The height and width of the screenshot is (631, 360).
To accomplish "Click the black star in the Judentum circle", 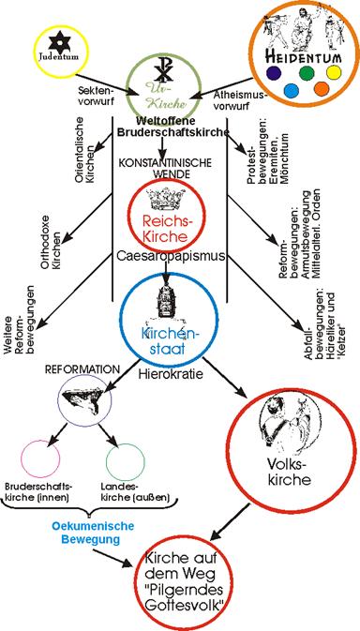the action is pos(59,42).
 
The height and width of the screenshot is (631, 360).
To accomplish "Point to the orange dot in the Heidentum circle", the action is pos(321,89).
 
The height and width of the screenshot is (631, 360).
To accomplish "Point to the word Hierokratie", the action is pos(171,374).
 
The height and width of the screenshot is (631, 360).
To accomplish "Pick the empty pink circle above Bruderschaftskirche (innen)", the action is pos(40,458).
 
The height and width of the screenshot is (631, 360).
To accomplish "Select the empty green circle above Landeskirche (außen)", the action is pos(125,462).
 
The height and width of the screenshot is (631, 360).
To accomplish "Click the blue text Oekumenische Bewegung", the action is pos(87,533).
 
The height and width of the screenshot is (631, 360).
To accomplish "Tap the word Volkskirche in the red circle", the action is pos(288,473).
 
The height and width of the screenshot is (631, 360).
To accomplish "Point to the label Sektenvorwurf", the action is pos(94,97).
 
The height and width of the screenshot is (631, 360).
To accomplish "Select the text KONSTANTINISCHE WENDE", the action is pos(164,168).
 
